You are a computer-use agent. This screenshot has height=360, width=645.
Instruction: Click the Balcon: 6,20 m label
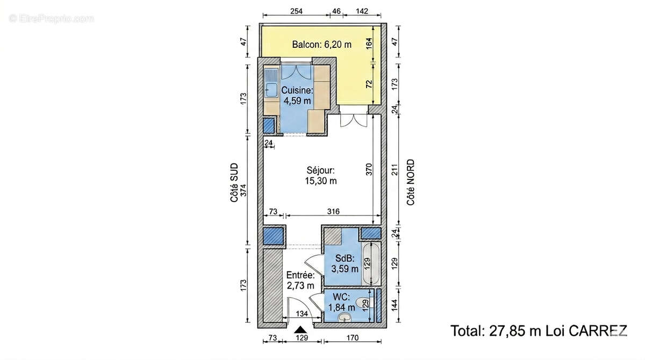321,45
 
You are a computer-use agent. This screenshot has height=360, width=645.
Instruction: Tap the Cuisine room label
297,95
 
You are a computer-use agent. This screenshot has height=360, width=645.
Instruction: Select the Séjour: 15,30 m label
321,176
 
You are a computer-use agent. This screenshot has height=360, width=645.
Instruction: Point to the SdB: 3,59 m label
345,264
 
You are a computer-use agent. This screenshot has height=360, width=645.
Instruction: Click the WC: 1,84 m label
341,302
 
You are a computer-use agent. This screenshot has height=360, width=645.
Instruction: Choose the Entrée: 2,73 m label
300,280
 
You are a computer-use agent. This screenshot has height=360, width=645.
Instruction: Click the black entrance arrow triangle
300,329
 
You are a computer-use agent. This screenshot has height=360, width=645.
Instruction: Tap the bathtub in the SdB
371,264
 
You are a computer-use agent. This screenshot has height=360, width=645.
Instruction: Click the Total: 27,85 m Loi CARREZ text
539,331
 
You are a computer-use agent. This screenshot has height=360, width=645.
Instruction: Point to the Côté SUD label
234,183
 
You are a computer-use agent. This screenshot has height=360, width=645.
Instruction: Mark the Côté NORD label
411,182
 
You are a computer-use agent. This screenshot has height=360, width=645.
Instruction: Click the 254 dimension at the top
296,11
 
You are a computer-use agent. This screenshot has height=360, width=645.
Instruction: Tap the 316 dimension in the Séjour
333,212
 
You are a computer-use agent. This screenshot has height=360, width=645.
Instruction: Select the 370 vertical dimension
369,169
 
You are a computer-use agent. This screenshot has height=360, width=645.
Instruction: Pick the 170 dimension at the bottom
353,337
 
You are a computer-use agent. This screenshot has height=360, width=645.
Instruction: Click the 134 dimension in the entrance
302,314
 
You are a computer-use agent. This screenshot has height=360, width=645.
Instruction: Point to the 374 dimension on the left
243,190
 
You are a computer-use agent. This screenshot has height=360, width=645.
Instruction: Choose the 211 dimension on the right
395,169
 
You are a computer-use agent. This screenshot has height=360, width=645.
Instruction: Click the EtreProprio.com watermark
52,19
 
